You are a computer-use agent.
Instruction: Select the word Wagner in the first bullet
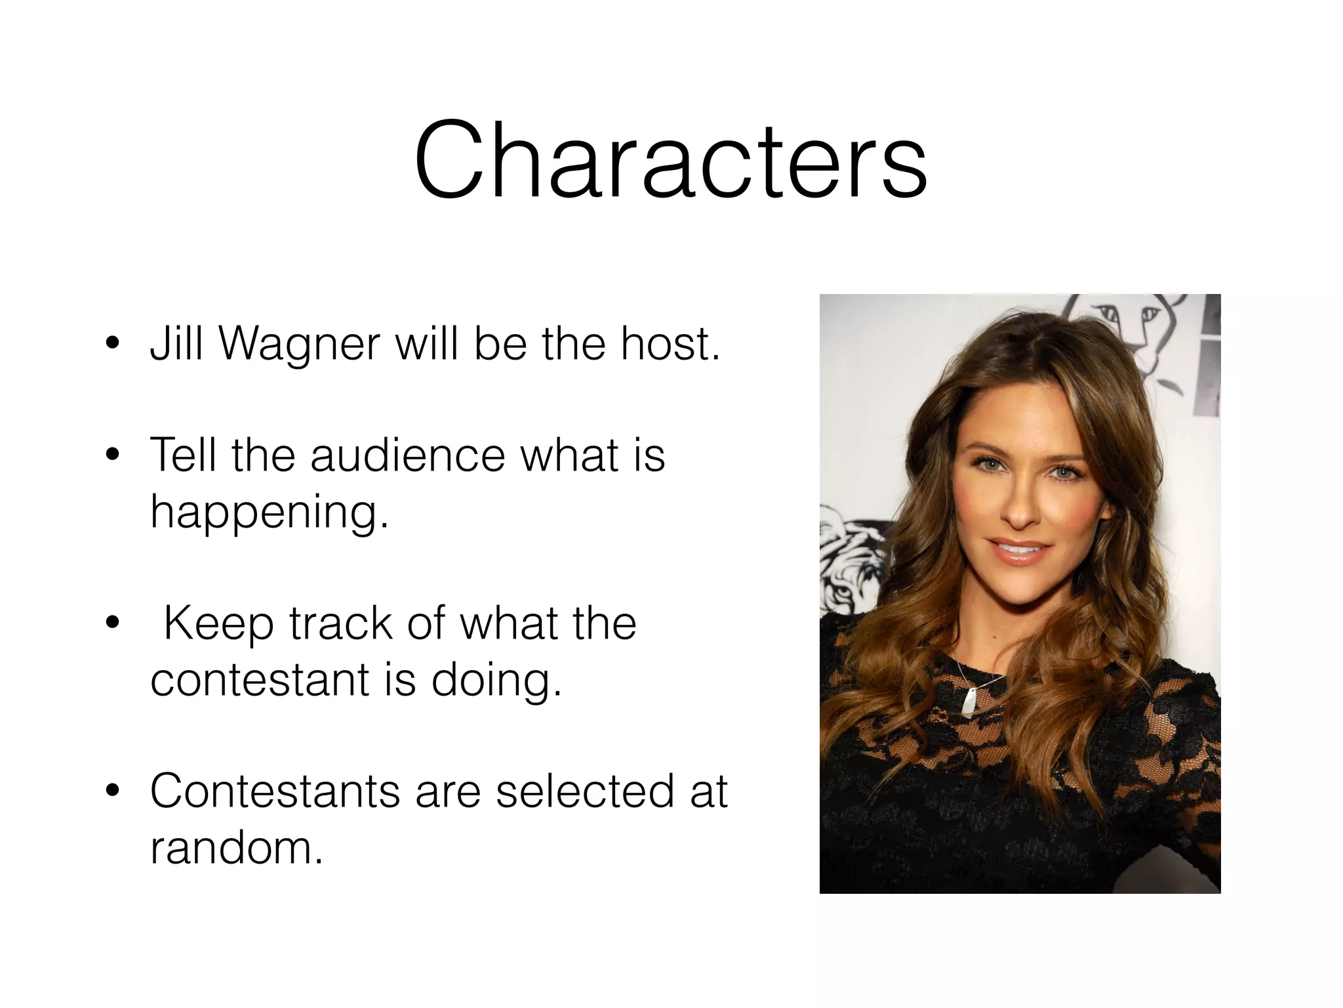[x=299, y=344]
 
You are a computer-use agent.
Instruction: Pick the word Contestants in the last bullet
[x=274, y=791]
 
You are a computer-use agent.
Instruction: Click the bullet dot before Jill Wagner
[x=113, y=345]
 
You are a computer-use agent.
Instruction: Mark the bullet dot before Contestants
[x=113, y=792]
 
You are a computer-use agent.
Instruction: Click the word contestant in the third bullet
[x=260, y=680]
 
